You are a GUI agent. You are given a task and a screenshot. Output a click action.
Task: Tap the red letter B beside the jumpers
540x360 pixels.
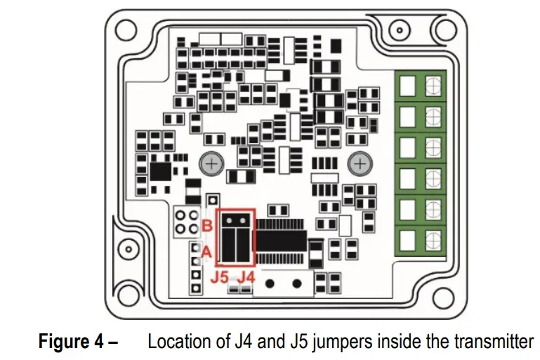tap(207, 226)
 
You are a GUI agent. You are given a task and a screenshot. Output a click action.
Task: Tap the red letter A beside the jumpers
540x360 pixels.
tap(207, 250)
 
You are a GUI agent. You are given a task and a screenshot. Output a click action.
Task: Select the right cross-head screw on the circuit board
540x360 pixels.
tap(360, 164)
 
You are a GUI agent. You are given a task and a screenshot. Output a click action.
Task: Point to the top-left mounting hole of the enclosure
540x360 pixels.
tap(125, 29)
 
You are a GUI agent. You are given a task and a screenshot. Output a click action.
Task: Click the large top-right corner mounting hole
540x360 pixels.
tap(444, 28)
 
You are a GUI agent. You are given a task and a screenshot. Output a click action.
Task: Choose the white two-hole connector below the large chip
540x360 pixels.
tap(281, 284)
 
